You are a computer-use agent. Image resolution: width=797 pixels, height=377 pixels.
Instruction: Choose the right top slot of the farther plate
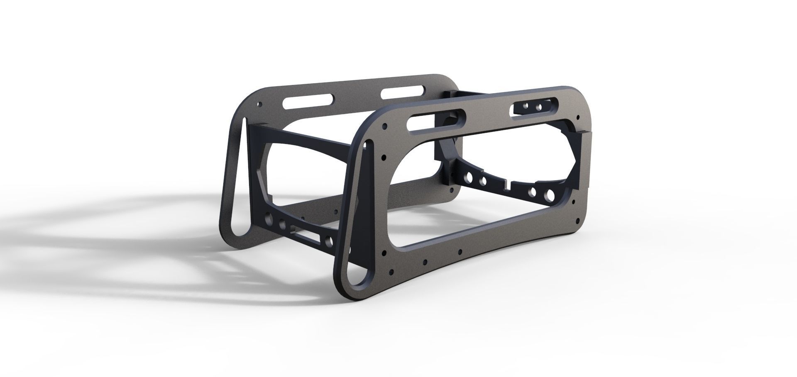397,93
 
